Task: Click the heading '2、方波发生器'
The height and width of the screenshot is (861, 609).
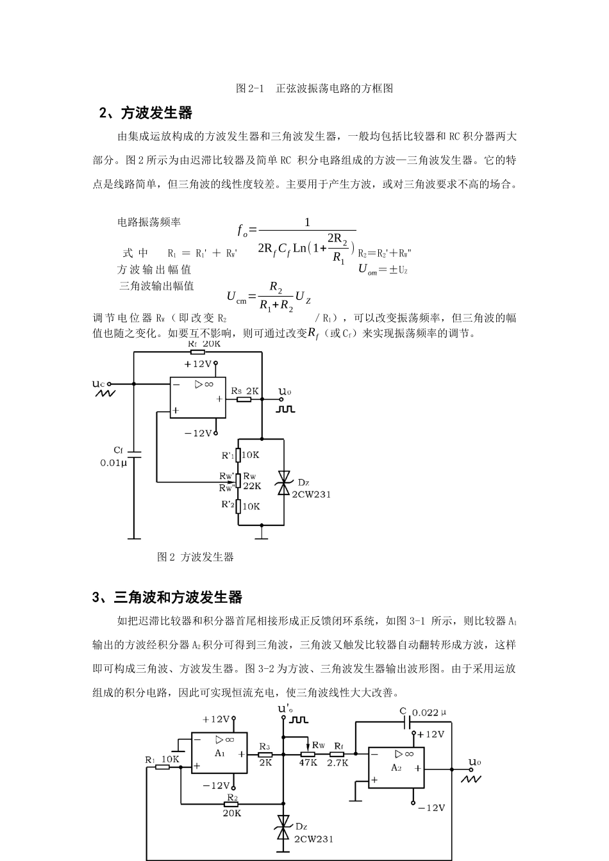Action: click(146, 113)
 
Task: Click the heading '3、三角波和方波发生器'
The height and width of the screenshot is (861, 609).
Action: click(167, 598)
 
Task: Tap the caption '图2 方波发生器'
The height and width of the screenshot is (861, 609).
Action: click(196, 557)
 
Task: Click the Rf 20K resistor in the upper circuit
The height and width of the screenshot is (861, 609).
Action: click(197, 352)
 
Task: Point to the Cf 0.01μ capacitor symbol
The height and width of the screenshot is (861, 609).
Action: click(133, 455)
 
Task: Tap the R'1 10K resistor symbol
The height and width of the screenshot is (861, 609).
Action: click(238, 455)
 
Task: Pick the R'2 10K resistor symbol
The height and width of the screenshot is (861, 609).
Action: click(238, 506)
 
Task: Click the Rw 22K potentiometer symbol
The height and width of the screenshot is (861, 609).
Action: click(238, 480)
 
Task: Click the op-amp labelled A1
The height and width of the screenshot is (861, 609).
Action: click(219, 753)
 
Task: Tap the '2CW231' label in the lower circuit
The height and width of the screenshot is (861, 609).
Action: click(313, 839)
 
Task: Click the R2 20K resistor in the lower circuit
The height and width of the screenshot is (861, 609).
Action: click(231, 803)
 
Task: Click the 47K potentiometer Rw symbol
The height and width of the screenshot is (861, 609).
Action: click(308, 754)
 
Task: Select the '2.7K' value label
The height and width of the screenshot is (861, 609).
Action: click(338, 763)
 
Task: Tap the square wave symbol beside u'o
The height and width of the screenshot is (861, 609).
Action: click(299, 720)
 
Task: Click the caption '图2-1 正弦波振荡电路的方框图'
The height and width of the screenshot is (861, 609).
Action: click(314, 88)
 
